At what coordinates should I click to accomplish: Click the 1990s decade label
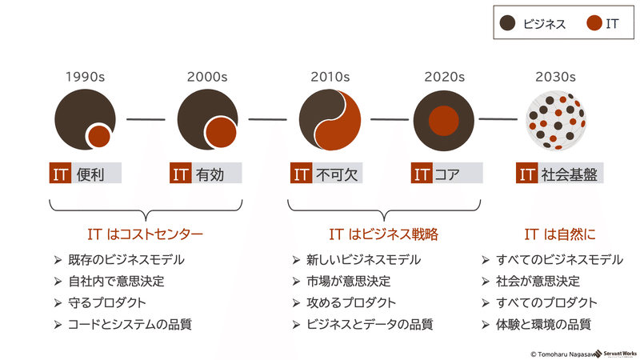pos(86,77)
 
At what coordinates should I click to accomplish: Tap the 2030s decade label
pos(555,77)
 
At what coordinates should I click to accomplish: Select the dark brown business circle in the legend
pos(507,23)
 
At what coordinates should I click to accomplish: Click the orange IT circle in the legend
pos(594,23)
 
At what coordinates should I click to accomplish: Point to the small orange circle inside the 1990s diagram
pos(98,136)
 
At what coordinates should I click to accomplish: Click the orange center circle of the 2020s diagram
pos(444,121)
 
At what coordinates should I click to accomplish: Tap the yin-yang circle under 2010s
pos(330,120)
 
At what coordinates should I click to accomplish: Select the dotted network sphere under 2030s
pos(556,121)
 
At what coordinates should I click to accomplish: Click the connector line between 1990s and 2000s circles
pos(146,119)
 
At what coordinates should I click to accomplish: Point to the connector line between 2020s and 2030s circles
pos(498,119)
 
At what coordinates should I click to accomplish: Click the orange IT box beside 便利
pos(61,173)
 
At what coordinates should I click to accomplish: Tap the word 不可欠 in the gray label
pos(337,174)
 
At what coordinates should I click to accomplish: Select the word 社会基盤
pos(570,174)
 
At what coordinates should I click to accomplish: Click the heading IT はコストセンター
pos(146,234)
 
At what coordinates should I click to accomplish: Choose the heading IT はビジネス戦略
pos(384,234)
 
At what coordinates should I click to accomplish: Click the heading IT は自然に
pos(560,234)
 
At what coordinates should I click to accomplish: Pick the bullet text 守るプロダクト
pos(107,303)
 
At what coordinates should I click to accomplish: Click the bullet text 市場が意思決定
pos(349,282)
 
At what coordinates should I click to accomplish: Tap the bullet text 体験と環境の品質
pos(543,325)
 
